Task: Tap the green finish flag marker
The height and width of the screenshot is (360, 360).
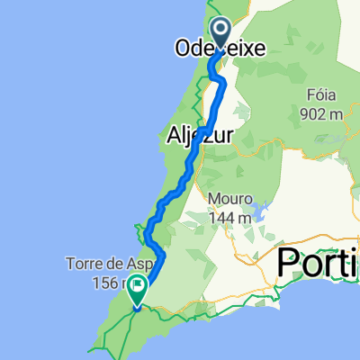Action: click(x=138, y=290)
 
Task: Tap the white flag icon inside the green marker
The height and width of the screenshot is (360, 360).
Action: click(x=138, y=289)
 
